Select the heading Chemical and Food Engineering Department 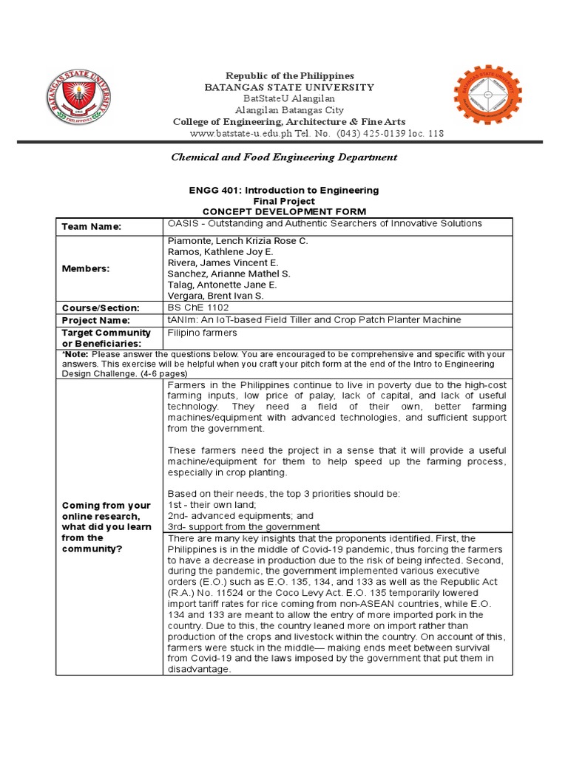click(x=284, y=157)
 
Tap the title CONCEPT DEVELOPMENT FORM click(x=284, y=211)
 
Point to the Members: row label click(x=86, y=268)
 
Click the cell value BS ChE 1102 click(x=199, y=307)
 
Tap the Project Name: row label click(x=95, y=320)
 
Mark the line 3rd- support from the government click(x=243, y=526)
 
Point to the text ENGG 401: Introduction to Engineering click(x=284, y=190)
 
